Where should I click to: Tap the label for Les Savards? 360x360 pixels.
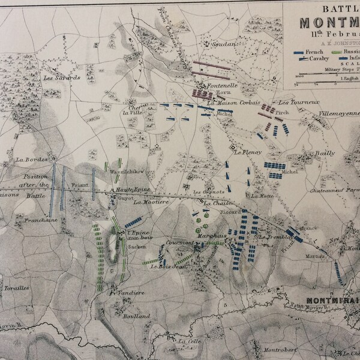click(x=52, y=76)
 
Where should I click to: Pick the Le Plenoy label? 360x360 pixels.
click(x=248, y=153)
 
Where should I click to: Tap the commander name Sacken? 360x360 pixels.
click(x=137, y=246)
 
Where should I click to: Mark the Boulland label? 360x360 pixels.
click(x=134, y=316)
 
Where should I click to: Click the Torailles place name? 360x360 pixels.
click(x=17, y=288)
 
